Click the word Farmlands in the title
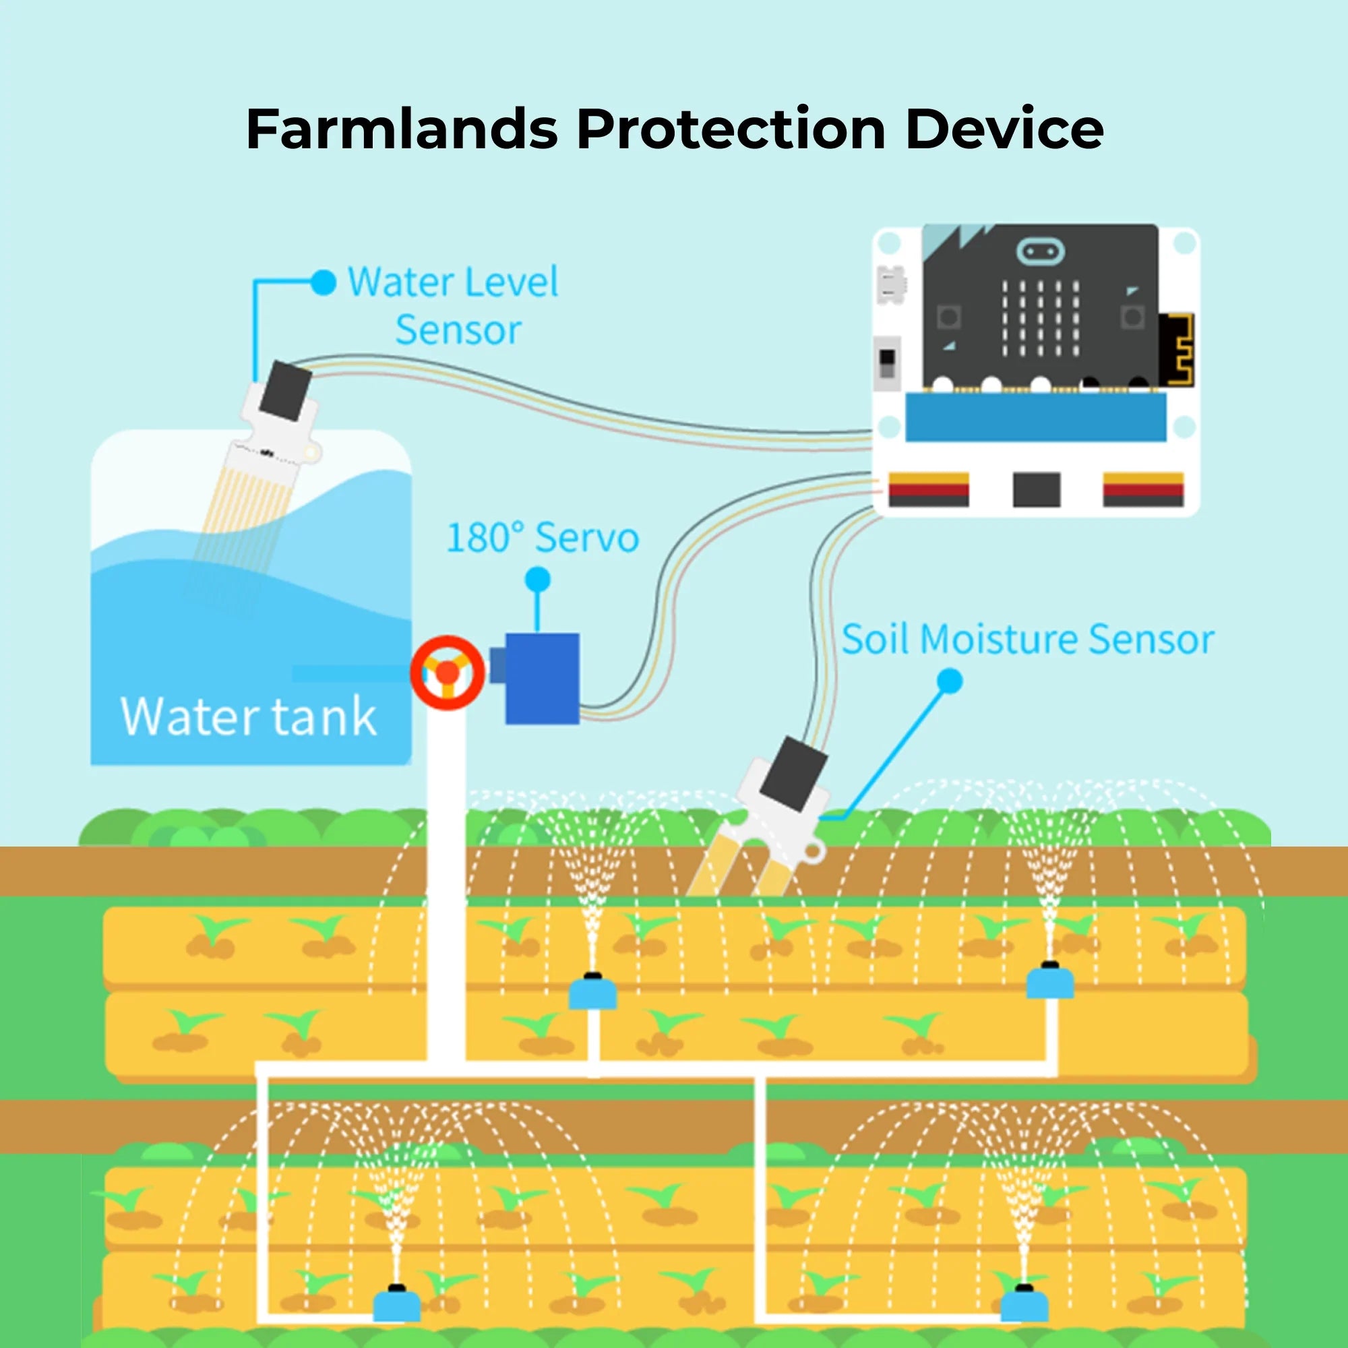click(x=402, y=130)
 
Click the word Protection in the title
click(x=731, y=130)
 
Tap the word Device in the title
click(x=1004, y=130)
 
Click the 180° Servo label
click(x=542, y=538)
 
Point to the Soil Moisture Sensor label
click(x=1028, y=639)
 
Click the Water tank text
click(x=249, y=716)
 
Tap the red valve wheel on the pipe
click(x=448, y=673)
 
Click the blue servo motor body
click(x=541, y=678)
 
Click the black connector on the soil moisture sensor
click(x=792, y=774)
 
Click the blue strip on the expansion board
click(x=1035, y=417)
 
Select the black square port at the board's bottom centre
click(x=1036, y=489)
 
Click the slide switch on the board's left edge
click(x=887, y=363)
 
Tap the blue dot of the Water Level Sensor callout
click(x=322, y=282)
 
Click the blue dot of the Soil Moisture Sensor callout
click(x=950, y=681)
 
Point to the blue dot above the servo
click(x=537, y=579)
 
